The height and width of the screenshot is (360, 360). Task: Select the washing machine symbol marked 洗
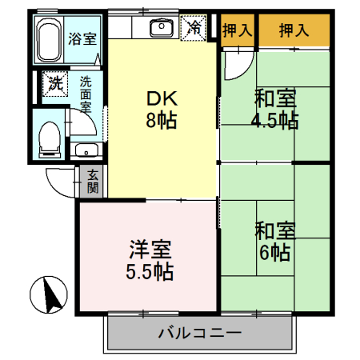[x=54, y=82]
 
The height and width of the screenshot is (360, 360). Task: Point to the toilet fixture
[x=49, y=135]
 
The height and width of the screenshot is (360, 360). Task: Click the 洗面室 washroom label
[x=85, y=93]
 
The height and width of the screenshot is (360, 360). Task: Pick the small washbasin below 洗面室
[x=85, y=150]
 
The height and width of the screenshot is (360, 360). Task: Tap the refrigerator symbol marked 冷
[x=194, y=27]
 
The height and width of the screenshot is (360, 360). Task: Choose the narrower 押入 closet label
[x=238, y=30]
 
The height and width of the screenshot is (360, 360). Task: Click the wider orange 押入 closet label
[x=293, y=30]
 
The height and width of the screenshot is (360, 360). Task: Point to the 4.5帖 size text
[x=277, y=121]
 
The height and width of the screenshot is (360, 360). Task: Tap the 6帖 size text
[x=274, y=253]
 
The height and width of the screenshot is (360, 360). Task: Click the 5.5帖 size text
[x=148, y=270]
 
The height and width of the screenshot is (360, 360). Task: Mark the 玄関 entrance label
[x=93, y=182]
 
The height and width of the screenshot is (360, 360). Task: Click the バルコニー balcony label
[x=199, y=332]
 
